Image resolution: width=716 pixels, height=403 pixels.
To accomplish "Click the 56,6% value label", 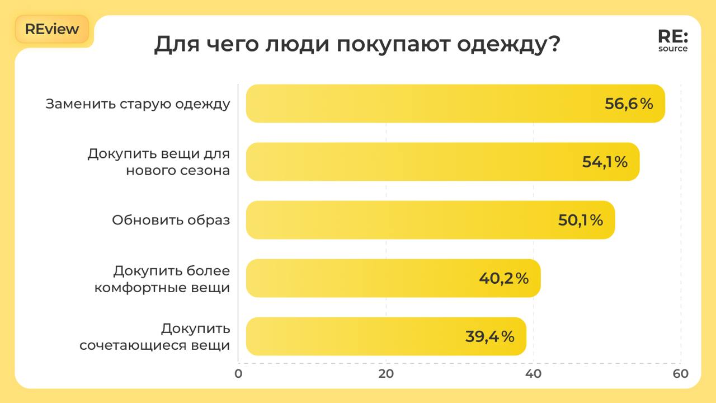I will (x=629, y=104).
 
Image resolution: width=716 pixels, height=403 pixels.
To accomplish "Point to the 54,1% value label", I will (x=605, y=162).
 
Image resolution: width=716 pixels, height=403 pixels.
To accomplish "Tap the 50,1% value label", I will (x=581, y=220).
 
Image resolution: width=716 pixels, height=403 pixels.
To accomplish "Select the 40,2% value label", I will (x=503, y=278).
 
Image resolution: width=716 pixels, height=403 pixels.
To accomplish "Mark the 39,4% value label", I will (x=489, y=336).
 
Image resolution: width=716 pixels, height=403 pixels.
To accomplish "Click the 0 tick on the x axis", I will (x=238, y=374).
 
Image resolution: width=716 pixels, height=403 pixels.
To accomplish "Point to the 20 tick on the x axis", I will (x=386, y=374).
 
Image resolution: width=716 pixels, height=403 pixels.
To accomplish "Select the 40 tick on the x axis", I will (x=534, y=374).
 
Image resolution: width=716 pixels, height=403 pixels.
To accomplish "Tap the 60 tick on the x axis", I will (x=681, y=374).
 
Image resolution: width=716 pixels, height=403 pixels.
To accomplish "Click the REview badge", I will (x=52, y=29).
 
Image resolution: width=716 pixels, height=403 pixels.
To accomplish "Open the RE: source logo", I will (x=673, y=41).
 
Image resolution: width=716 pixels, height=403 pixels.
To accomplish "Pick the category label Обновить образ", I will (x=171, y=220).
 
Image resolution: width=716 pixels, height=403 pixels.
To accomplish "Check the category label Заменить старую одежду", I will (x=138, y=104).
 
